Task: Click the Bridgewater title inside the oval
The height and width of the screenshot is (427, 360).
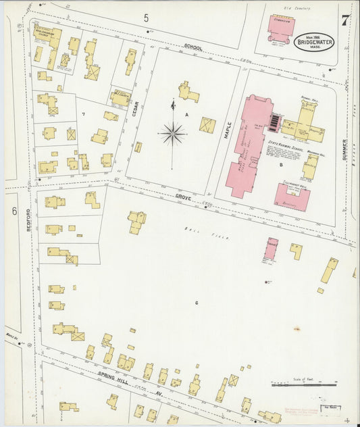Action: point(315,42)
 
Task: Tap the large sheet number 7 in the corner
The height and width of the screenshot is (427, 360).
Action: point(345,20)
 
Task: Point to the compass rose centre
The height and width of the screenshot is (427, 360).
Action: point(173,134)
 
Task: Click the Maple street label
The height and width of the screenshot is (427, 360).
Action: point(228,128)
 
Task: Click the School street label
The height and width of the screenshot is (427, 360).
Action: point(193,48)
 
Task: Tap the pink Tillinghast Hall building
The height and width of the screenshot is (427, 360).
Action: point(292,196)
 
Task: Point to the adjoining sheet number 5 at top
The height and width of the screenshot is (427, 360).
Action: point(146,18)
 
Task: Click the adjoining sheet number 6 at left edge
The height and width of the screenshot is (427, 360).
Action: point(14,211)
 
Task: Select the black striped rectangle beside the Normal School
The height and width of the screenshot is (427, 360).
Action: point(273,122)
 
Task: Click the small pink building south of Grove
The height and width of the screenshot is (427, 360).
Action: point(271,248)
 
